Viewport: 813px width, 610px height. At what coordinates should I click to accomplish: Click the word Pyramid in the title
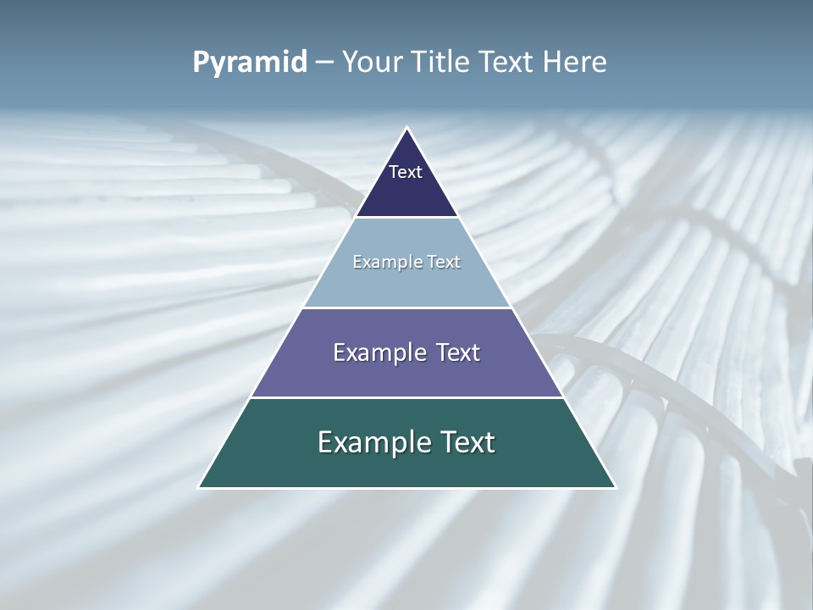[250, 63]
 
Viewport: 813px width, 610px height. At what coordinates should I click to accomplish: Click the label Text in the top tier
[406, 172]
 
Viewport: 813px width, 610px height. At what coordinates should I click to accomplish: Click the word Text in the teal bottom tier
[467, 442]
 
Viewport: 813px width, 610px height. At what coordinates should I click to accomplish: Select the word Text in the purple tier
[458, 352]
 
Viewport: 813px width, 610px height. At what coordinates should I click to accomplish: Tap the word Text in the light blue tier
[444, 262]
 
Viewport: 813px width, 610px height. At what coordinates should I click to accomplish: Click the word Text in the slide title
[508, 62]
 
